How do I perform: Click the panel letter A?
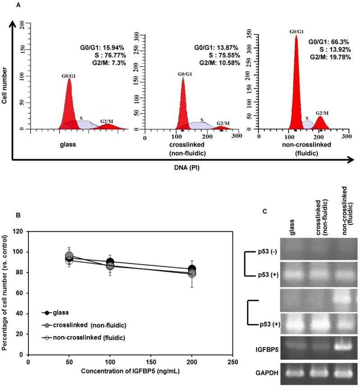[x=18, y=5]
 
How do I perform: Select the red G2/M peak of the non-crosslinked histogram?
[x=320, y=122]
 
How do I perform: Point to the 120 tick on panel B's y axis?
[x=20, y=231]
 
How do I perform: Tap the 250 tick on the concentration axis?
[x=232, y=362]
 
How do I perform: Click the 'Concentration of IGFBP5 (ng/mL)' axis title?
[x=131, y=372]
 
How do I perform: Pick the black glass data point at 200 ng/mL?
[x=192, y=269]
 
